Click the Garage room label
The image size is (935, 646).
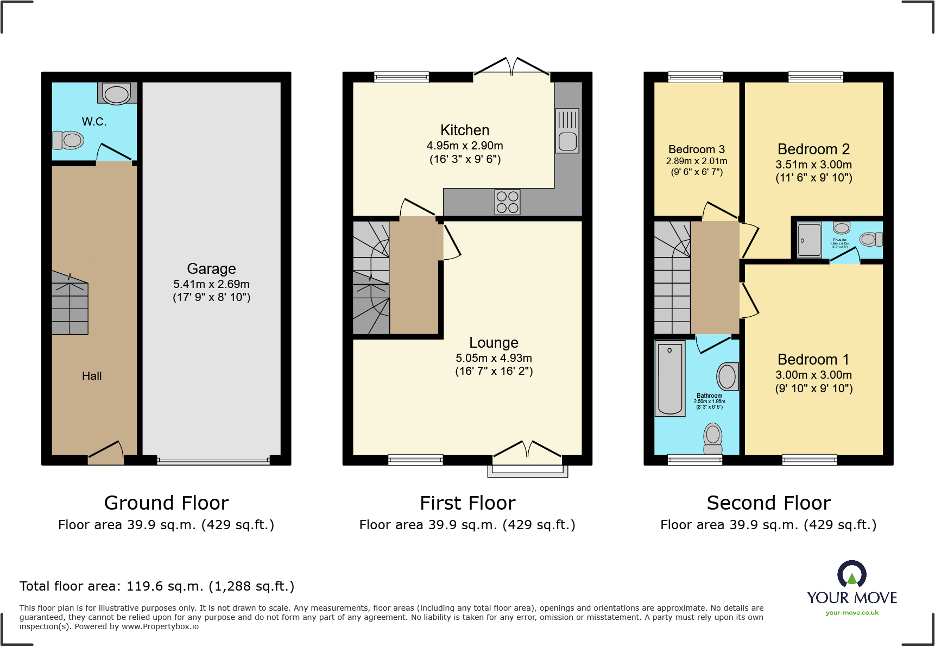[x=211, y=269]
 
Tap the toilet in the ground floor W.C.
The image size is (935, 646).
[x=68, y=140]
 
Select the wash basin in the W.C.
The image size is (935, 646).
[x=116, y=93]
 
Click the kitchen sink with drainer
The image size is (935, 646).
[x=567, y=130]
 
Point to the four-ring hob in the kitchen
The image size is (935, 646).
[x=508, y=202]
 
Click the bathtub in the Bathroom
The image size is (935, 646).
[x=670, y=379]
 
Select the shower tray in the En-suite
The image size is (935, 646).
[x=809, y=240]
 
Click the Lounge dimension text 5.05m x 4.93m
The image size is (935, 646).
[x=494, y=358]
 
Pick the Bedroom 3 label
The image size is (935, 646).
[x=697, y=149]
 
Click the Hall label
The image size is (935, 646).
[x=92, y=376]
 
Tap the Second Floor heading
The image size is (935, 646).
[x=768, y=503]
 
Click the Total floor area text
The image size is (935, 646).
[x=157, y=586]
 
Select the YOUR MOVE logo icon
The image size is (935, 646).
[x=852, y=574]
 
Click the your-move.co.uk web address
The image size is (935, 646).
[x=852, y=613]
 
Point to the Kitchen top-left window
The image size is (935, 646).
[x=402, y=77]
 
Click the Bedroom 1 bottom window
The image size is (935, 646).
[x=809, y=460]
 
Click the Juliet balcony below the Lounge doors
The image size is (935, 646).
[x=527, y=472]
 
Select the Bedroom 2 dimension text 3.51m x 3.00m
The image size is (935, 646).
[x=813, y=165]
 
